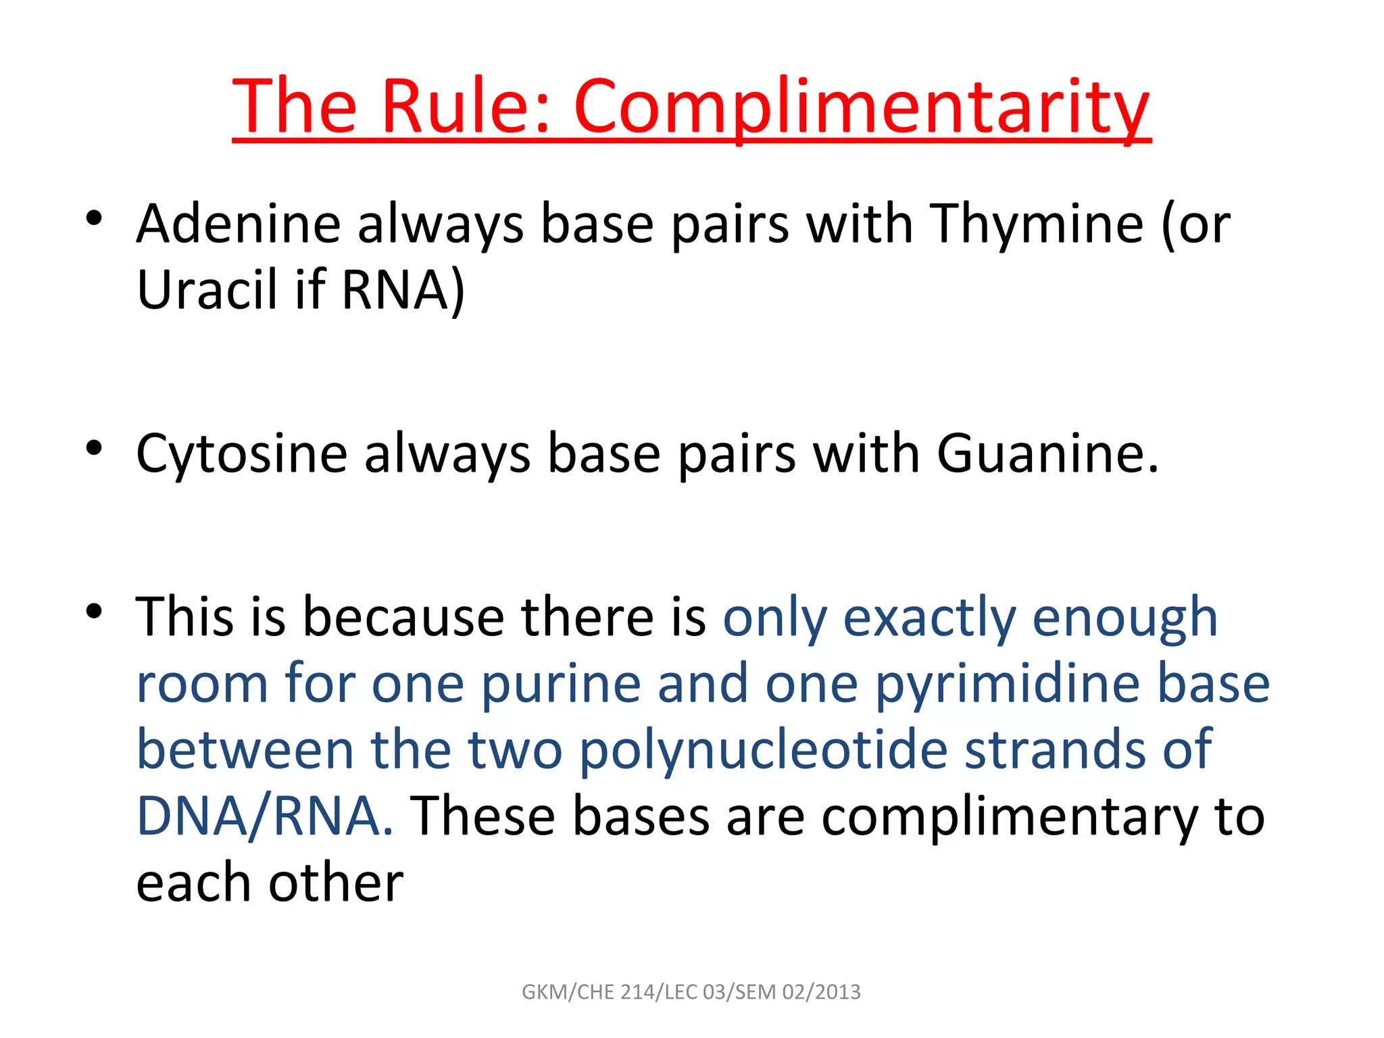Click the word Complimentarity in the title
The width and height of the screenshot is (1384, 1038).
click(x=862, y=107)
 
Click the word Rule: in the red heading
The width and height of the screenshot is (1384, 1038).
click(x=465, y=107)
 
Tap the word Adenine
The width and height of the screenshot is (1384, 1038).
click(x=239, y=224)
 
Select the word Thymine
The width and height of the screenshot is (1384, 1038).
click(x=1037, y=224)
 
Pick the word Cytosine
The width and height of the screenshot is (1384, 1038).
click(x=241, y=454)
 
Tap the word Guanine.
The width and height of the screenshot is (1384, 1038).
click(x=1047, y=454)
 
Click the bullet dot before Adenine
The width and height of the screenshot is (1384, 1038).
click(x=94, y=218)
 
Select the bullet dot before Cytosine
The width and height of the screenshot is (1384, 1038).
click(x=94, y=447)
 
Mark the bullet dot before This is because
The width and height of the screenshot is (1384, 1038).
click(x=94, y=611)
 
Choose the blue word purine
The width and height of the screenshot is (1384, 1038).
click(x=560, y=684)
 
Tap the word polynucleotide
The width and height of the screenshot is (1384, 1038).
click(x=764, y=750)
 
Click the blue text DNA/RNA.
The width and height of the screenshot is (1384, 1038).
click(x=264, y=816)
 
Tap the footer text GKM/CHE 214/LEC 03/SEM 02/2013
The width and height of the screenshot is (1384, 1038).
click(x=691, y=992)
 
